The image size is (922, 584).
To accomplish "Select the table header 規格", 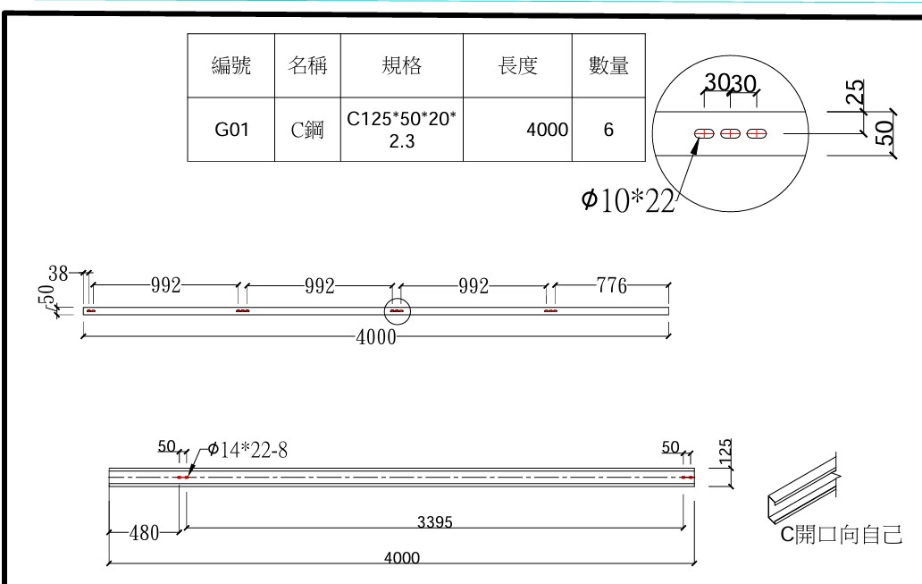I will [399, 65].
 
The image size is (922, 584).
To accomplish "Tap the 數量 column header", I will [608, 65].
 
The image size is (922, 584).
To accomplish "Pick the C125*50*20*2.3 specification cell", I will [399, 130].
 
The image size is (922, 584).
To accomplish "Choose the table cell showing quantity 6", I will [608, 130].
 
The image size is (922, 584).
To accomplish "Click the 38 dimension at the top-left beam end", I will [58, 275].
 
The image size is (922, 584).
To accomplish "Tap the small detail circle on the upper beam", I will [397, 311].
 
